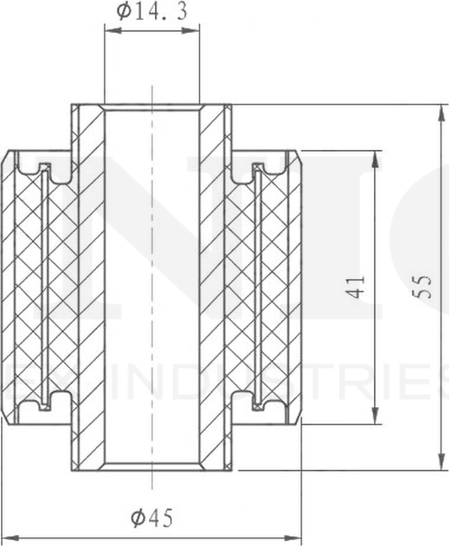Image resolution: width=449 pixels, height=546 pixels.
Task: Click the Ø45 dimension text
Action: pos(152,518)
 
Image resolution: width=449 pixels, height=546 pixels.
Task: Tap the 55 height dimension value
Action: pos(425,286)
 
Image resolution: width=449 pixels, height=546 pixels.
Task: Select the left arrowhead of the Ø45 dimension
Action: pos(7,535)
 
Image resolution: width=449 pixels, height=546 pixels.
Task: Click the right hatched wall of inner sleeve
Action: pos(216,286)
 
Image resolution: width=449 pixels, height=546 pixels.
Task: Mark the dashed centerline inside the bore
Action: pos(152,286)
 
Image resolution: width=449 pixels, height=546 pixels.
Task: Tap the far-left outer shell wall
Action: pos(8,286)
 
